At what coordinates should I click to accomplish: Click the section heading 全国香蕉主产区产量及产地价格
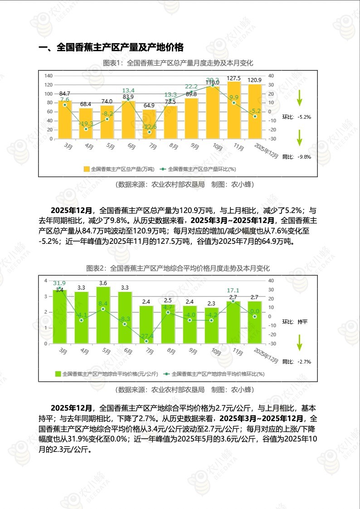click(111, 48)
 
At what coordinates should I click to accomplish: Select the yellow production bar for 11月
click(234, 111)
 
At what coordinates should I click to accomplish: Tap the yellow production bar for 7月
click(149, 125)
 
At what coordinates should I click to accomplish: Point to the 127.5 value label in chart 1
click(234, 78)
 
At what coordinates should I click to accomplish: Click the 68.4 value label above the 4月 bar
click(86, 104)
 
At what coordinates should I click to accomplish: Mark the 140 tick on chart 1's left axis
click(49, 76)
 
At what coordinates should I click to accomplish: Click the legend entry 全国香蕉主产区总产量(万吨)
click(119, 169)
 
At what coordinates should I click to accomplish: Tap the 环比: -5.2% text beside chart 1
click(297, 117)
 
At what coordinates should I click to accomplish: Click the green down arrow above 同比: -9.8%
click(299, 137)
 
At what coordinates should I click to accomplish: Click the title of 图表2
click(178, 268)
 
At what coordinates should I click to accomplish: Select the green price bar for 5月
click(103, 315)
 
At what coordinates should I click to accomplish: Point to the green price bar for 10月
click(212, 326)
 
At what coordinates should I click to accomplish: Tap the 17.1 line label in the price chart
click(233, 291)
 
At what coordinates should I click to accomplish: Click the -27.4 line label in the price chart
click(146, 336)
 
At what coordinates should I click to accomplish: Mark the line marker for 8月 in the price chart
click(168, 312)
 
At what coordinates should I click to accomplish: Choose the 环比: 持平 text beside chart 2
click(295, 322)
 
